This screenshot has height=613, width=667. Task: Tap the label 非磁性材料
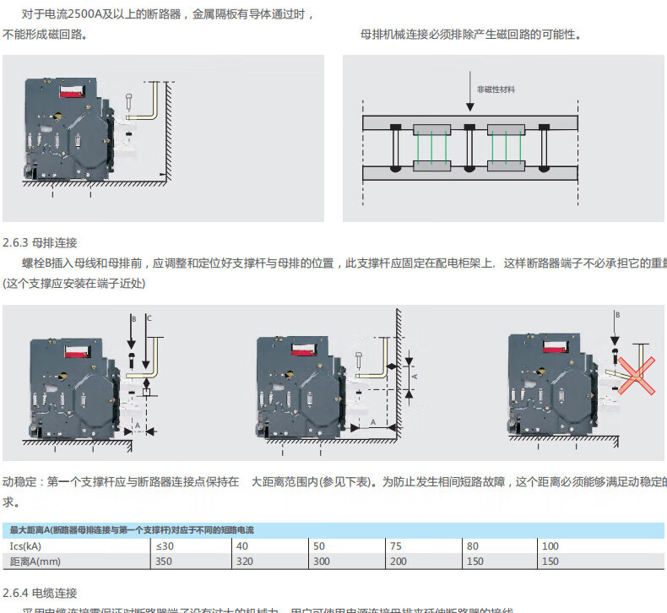495,89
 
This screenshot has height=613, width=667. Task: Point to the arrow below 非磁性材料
470,92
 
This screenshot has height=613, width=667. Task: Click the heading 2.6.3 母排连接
41,242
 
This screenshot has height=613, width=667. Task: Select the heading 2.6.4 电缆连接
41,592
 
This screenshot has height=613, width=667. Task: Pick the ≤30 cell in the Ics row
165,546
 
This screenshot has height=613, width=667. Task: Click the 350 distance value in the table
164,561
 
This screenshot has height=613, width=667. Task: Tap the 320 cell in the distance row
244,561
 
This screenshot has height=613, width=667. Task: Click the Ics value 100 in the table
550,546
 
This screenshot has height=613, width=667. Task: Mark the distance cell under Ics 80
475,561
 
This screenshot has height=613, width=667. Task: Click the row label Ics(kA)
29,546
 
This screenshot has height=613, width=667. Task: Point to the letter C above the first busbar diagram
149,318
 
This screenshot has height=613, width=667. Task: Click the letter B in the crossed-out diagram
616,314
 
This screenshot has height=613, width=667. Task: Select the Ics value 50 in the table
319,546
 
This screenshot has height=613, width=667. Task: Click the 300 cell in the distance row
322,561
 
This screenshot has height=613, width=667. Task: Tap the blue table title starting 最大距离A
131,530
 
